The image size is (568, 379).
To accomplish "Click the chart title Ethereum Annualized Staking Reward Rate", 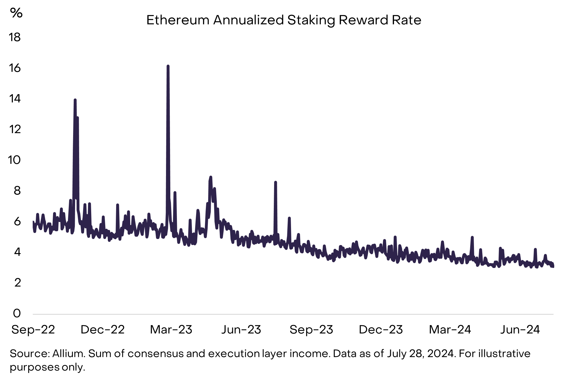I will (x=284, y=20).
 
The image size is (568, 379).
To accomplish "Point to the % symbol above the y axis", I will (x=16, y=13).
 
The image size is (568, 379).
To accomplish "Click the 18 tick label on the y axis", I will (x=15, y=37).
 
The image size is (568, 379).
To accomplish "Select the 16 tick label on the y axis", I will (x=15, y=68).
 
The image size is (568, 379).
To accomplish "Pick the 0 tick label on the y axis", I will (x=17, y=313).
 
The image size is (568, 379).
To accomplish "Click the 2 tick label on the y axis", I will (x=17, y=283).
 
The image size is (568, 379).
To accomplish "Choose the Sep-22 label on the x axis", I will (x=33, y=330).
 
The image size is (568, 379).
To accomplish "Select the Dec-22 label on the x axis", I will (x=103, y=330).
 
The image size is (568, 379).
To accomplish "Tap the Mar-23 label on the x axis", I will (x=171, y=330).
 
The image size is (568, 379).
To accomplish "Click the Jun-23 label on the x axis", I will (x=241, y=330).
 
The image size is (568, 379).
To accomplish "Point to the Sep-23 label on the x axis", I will (x=311, y=330).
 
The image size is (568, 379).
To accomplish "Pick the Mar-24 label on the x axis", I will (x=450, y=330).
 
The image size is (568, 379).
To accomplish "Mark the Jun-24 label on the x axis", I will (x=520, y=330).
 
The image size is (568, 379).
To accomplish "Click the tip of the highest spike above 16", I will (x=168, y=66).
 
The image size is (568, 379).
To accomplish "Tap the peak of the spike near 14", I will (x=75, y=100).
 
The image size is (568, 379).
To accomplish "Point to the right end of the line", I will (x=553, y=266).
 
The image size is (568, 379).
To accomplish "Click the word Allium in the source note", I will (x=69, y=353).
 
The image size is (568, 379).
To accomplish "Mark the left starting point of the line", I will (x=33, y=222).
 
